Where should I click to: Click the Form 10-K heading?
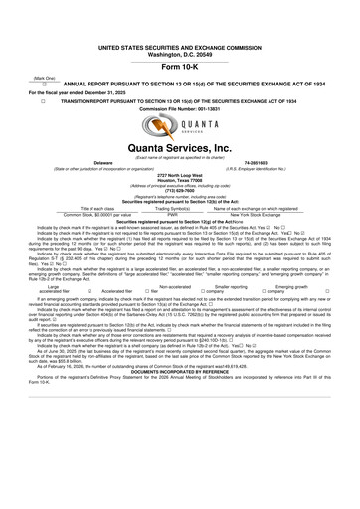[180, 65]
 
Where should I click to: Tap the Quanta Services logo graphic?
[180, 128]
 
